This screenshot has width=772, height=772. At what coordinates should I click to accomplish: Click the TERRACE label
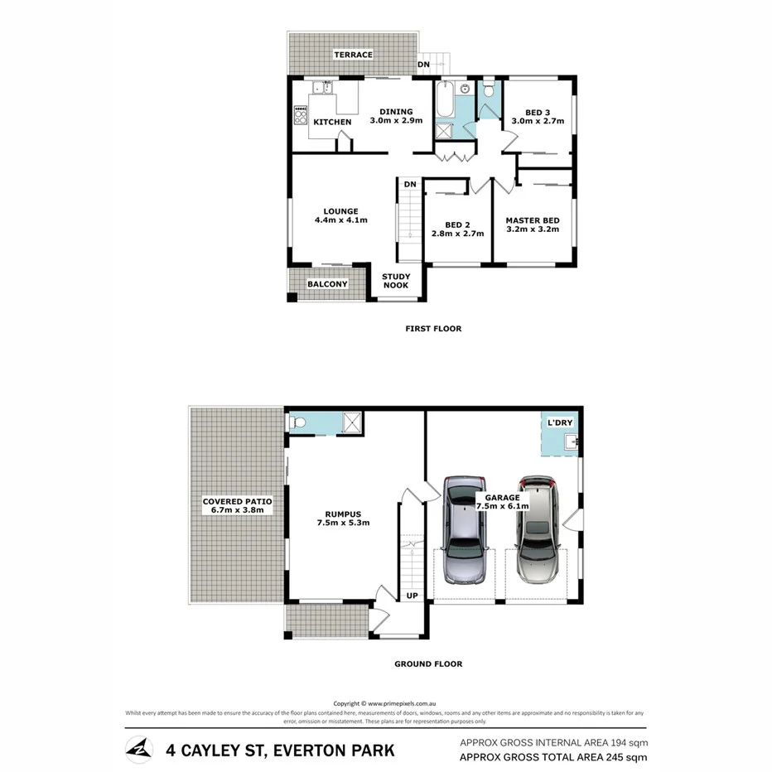click(x=353, y=55)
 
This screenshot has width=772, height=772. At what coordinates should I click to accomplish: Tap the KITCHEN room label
click(x=332, y=122)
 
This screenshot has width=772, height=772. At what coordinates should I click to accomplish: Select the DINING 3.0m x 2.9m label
click(x=396, y=116)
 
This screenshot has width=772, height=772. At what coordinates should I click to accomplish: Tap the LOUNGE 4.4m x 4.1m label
click(x=340, y=215)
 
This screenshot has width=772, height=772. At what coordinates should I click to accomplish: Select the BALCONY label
click(x=327, y=284)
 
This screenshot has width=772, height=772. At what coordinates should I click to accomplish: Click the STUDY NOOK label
click(x=396, y=282)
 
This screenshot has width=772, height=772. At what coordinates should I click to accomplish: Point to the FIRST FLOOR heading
click(x=433, y=329)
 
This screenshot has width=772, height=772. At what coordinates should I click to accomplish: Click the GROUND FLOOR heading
click(x=428, y=663)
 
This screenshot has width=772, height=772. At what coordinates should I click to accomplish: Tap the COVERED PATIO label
click(x=237, y=506)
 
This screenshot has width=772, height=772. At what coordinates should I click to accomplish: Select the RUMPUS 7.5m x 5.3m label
click(x=341, y=518)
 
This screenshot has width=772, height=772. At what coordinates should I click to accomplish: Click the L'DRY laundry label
click(x=560, y=423)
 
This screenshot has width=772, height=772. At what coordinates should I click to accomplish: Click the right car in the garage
click(x=538, y=529)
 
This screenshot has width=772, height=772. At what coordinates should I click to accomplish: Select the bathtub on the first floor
click(x=444, y=101)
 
